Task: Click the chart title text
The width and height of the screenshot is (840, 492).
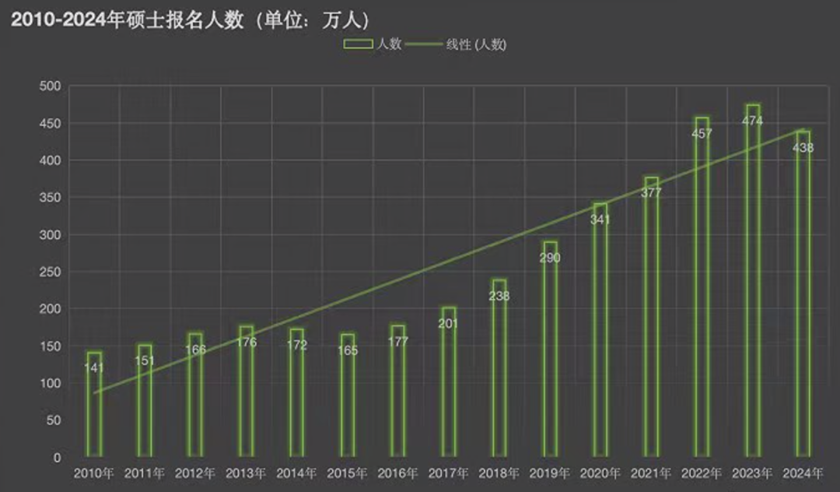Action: tap(191, 20)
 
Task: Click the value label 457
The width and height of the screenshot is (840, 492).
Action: tap(702, 134)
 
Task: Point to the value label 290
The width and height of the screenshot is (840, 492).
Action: tap(550, 258)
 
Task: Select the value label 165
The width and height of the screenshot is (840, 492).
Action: tap(348, 351)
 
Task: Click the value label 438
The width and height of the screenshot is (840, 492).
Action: tap(803, 148)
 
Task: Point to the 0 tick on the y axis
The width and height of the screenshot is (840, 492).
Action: tap(56, 458)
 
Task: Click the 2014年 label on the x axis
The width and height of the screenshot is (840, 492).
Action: tap(297, 473)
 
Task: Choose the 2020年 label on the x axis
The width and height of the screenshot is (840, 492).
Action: tap(600, 473)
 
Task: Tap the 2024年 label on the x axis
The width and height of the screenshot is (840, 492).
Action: tap(803, 473)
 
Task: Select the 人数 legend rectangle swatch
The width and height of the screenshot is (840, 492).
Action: tap(359, 45)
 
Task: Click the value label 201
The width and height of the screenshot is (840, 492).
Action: tap(449, 323)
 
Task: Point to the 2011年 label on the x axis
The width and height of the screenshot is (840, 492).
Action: tap(145, 473)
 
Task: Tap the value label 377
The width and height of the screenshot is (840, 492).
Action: tap(651, 193)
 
